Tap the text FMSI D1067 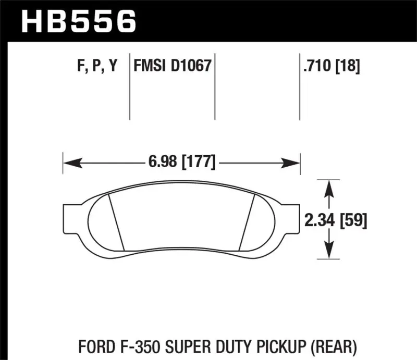pyautogui.click(x=172, y=66)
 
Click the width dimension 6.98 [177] pyautogui.click(x=181, y=163)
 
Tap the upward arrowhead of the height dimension pyautogui.click(x=329, y=188)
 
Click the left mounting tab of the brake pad pyautogui.click(x=71, y=219)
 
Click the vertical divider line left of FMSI pyautogui.click(x=129, y=86)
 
